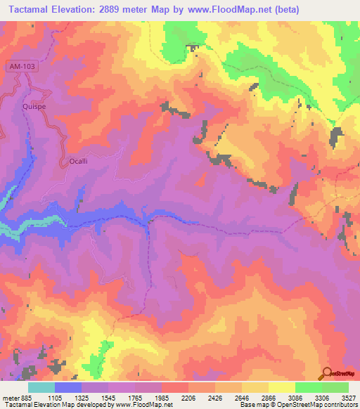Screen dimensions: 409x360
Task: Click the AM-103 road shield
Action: pos(21,66)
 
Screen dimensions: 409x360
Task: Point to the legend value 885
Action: pos(27,397)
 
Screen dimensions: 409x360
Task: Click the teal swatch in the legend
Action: pos(41,387)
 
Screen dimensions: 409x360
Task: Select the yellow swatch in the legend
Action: pos(281,387)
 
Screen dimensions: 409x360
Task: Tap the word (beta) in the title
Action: pos(333,10)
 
